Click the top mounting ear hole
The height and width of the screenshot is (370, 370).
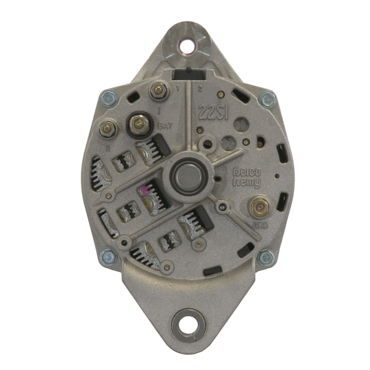click(x=185, y=44)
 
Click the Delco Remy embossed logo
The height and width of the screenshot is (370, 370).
click(x=247, y=178)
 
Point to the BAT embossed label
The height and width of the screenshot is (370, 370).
click(x=165, y=126)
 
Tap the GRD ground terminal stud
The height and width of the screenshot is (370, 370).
click(x=257, y=207)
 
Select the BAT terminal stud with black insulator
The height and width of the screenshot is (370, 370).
click(x=139, y=124)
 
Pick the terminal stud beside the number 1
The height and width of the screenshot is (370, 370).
click(x=157, y=91)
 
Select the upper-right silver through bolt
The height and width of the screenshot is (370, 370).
click(x=267, y=99)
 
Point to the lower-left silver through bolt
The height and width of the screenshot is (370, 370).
click(x=109, y=256)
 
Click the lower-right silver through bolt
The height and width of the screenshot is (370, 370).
click(x=266, y=257)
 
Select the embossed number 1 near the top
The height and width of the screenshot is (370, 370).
click(x=177, y=90)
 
